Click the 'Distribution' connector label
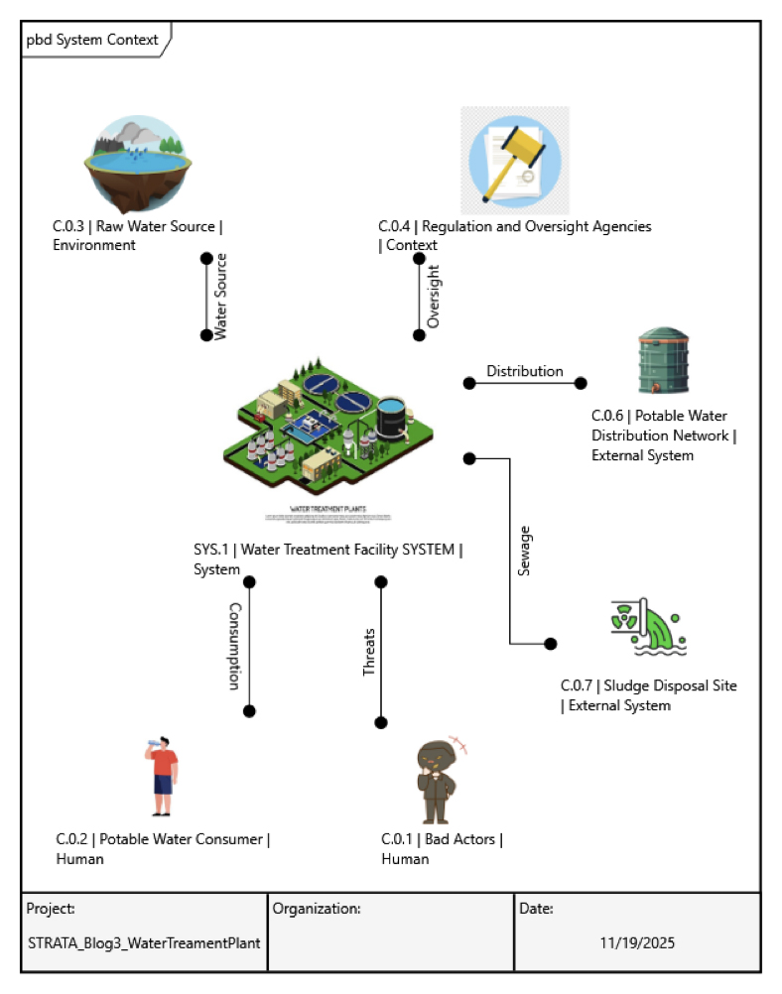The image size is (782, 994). coord(524,371)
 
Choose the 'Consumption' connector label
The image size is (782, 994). coord(234,646)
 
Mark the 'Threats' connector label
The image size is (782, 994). coord(369,652)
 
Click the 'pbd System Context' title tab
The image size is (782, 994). coord(92,40)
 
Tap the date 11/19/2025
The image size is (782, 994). coord(637,942)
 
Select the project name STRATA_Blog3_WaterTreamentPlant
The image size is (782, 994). coord(144,942)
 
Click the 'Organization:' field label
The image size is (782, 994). coord(317,908)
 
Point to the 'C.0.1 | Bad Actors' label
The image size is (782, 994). coord(442,840)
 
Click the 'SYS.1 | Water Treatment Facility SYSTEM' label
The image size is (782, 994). coord(327,550)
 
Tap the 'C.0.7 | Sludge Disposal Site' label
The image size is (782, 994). coord(649,685)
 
